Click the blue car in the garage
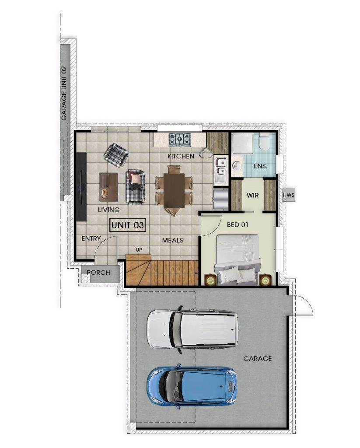coord(192,386)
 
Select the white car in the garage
coord(192,329)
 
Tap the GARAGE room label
coord(258,359)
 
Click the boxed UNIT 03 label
coord(128,225)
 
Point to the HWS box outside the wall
coord(289,196)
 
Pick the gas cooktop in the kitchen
coord(179,140)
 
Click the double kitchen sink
coord(221,166)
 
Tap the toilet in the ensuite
coord(264,142)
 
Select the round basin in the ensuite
coord(236,165)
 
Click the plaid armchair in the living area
coord(116,155)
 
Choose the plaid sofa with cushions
coord(136,187)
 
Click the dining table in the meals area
coord(174,191)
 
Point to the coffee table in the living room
coord(108,187)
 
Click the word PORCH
coord(98,273)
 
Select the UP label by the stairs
coord(139,250)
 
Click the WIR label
coord(252,196)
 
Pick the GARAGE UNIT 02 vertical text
coord(64,94)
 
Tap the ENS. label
coord(261,166)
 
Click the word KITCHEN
coord(181,156)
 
